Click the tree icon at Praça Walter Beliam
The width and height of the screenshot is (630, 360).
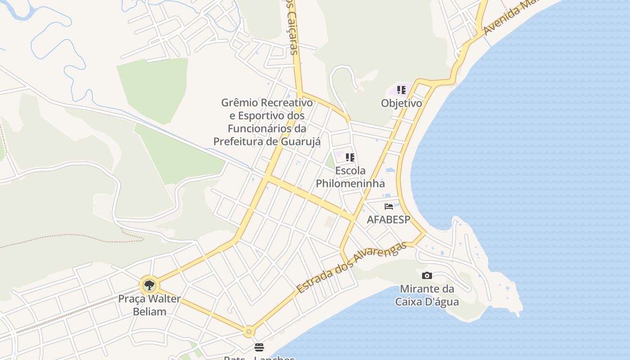pos(149,285)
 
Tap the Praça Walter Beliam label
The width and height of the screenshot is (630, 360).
pos(149,305)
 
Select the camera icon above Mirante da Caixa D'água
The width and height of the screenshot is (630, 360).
pos(427,275)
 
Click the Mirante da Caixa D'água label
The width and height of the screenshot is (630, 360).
pos(427,295)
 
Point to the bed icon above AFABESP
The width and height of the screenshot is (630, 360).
pos(389,207)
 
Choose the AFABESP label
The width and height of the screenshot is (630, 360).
pos(389,220)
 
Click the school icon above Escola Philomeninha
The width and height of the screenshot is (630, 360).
pos(350,157)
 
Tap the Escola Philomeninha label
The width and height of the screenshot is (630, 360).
pos(350,177)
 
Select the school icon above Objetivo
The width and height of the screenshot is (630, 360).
pos(401,90)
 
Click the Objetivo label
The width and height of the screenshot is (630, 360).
pos(401,103)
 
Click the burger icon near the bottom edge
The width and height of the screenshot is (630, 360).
pos(259,347)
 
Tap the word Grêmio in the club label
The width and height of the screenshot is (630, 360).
pos(238,103)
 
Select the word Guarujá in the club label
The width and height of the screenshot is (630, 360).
pos(301,141)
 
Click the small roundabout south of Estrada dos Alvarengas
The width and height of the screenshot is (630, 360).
pos(248,332)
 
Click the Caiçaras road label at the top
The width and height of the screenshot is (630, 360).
pos(292,31)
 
